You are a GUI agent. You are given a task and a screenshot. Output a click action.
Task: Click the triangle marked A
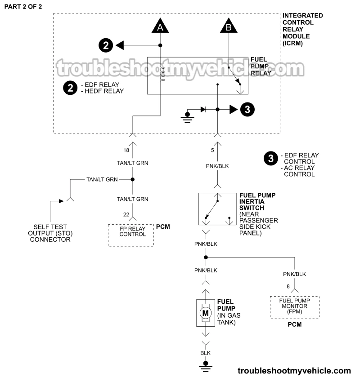click(160, 27)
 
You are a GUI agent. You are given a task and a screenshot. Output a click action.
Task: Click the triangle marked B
click(229, 27)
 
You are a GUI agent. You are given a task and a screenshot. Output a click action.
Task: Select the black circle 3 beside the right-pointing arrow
click(247, 109)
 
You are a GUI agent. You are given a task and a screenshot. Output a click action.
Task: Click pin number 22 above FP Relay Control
click(126, 215)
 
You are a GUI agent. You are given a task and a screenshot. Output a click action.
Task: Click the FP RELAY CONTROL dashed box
click(130, 234)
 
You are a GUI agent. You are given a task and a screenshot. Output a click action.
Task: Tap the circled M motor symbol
click(206, 312)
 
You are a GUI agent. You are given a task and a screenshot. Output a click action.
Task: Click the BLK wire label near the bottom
click(206, 353)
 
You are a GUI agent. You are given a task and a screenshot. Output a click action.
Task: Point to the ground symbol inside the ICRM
click(187, 116)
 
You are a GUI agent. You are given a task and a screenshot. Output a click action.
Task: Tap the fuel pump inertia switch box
click(217, 209)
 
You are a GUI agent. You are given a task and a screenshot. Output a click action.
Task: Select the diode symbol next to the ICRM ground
click(204, 109)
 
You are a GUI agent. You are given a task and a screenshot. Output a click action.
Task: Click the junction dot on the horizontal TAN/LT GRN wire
click(133, 179)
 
